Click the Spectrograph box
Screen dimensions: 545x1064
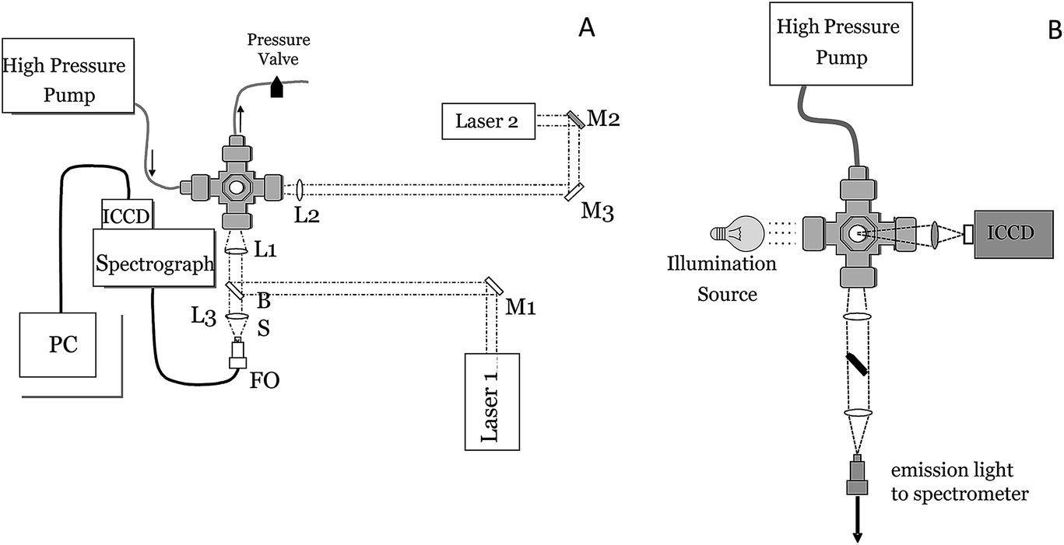pyautogui.click(x=153, y=257)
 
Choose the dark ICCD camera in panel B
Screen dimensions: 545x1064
pyautogui.click(x=1016, y=233)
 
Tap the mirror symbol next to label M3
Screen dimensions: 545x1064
pyautogui.click(x=577, y=190)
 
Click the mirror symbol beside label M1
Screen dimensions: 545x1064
pyautogui.click(x=492, y=285)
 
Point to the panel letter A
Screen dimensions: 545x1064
pyautogui.click(x=586, y=28)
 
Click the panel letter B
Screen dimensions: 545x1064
pyautogui.click(x=1055, y=30)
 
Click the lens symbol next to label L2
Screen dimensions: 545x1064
pyautogui.click(x=300, y=189)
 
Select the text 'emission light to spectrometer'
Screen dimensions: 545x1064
pyautogui.click(x=959, y=482)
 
